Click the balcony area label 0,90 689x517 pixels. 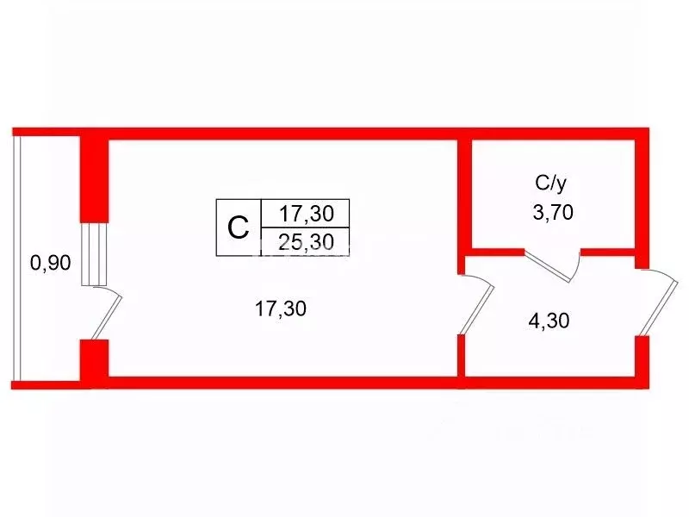51,263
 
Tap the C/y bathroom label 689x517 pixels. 550,184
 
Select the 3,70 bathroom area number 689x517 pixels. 553,213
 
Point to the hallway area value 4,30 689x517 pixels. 549,321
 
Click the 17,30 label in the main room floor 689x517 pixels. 281,309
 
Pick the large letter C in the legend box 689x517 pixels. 239,227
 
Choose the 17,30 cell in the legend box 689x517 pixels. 307,214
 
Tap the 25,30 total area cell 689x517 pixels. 307,242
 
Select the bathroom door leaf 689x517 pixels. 548,266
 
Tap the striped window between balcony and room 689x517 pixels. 94,254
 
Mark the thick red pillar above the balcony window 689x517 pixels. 94,179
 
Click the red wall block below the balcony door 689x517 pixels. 94,359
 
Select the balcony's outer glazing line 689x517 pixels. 16,258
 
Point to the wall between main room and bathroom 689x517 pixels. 462,207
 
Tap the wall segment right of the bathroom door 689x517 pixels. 608,252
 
